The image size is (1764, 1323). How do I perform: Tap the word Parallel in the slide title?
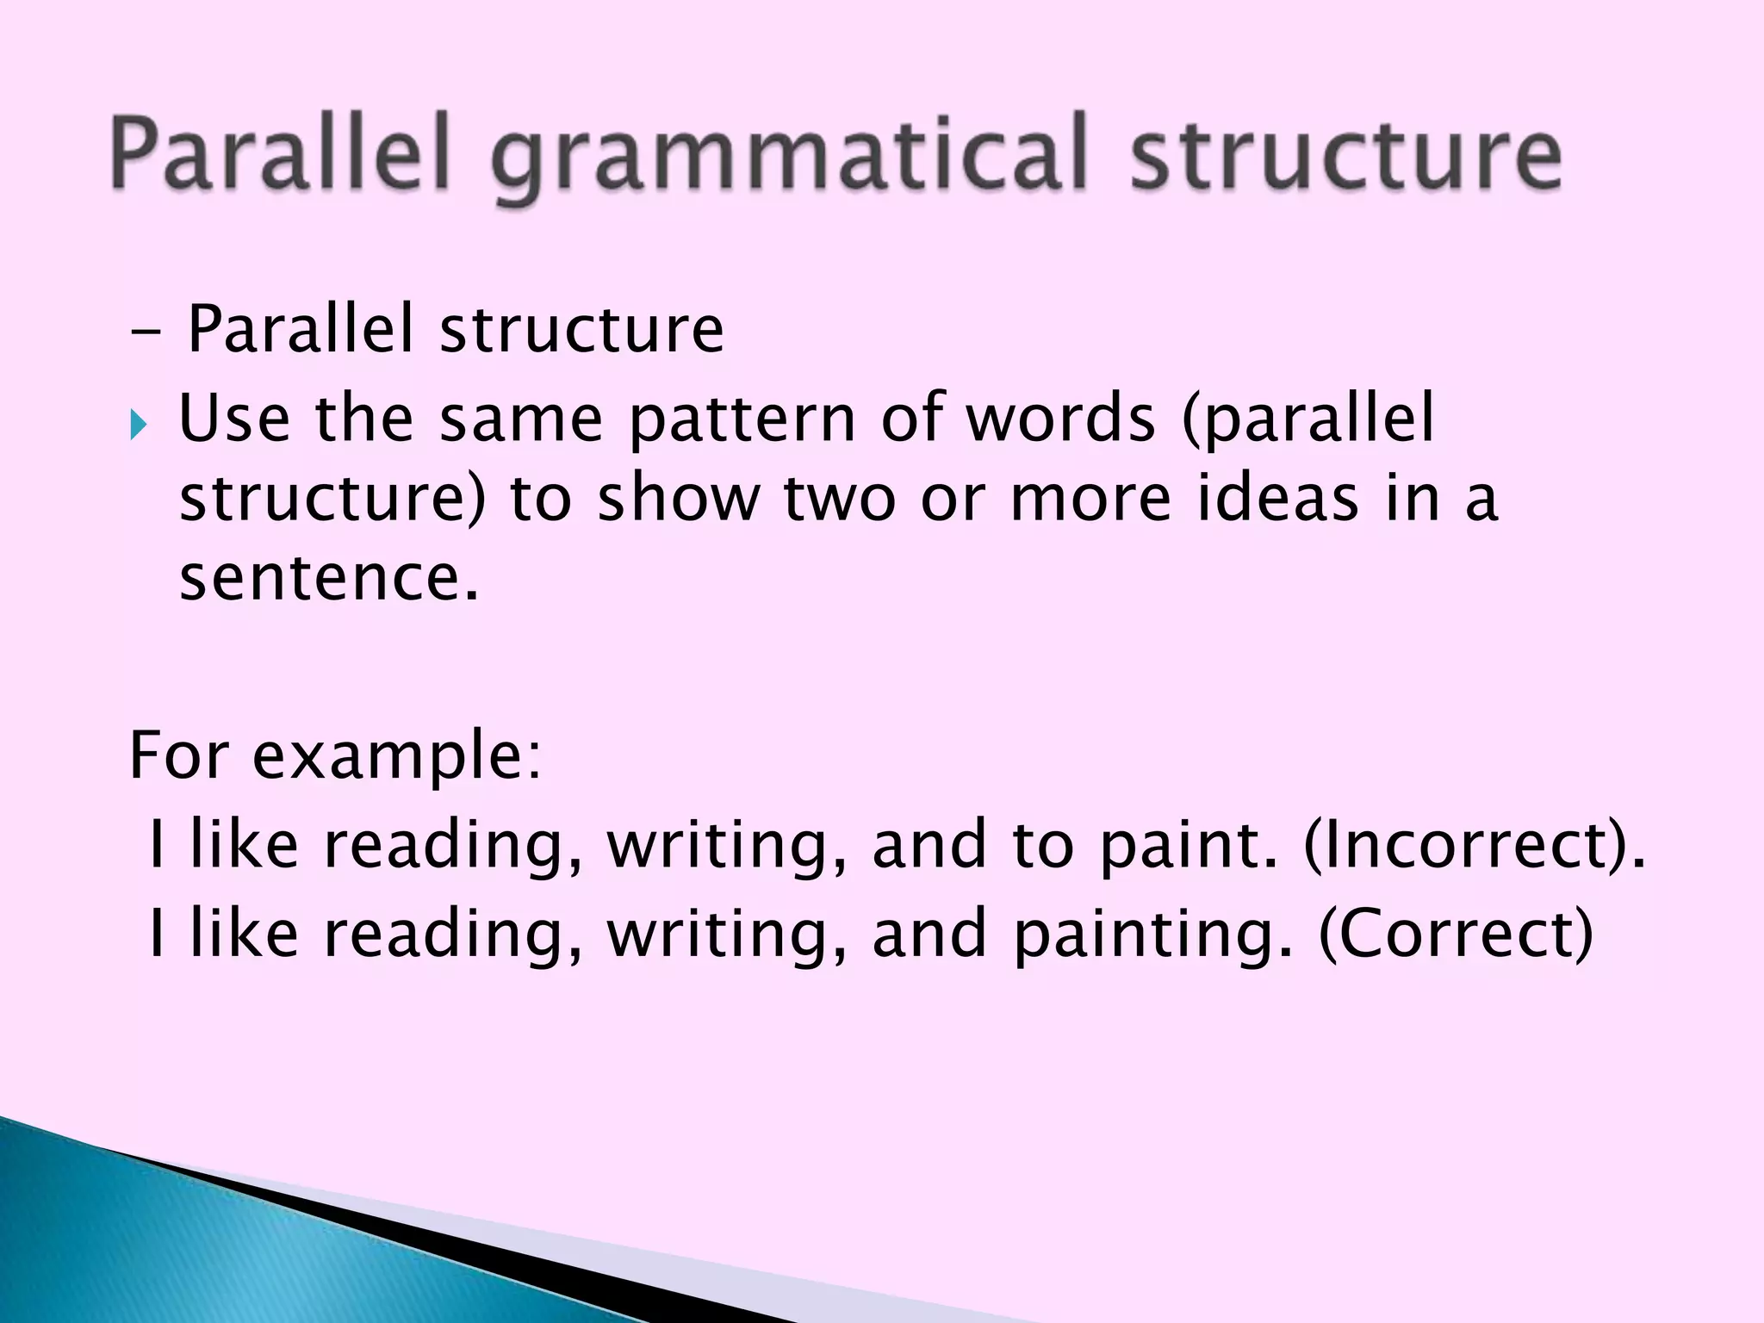[x=280, y=155]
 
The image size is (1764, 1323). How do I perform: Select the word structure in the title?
[x=1345, y=155]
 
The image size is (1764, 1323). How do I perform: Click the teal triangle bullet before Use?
[x=139, y=425]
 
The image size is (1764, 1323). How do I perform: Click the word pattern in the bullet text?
[x=742, y=420]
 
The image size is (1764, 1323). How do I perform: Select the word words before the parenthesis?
[x=1060, y=419]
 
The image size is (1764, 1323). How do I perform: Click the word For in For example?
[x=179, y=755]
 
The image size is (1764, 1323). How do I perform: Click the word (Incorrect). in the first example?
[x=1474, y=846]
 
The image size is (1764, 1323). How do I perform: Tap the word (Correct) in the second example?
[x=1456, y=935]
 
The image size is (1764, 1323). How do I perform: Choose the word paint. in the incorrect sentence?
[x=1189, y=848]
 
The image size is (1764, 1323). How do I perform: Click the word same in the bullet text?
[x=520, y=419]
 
